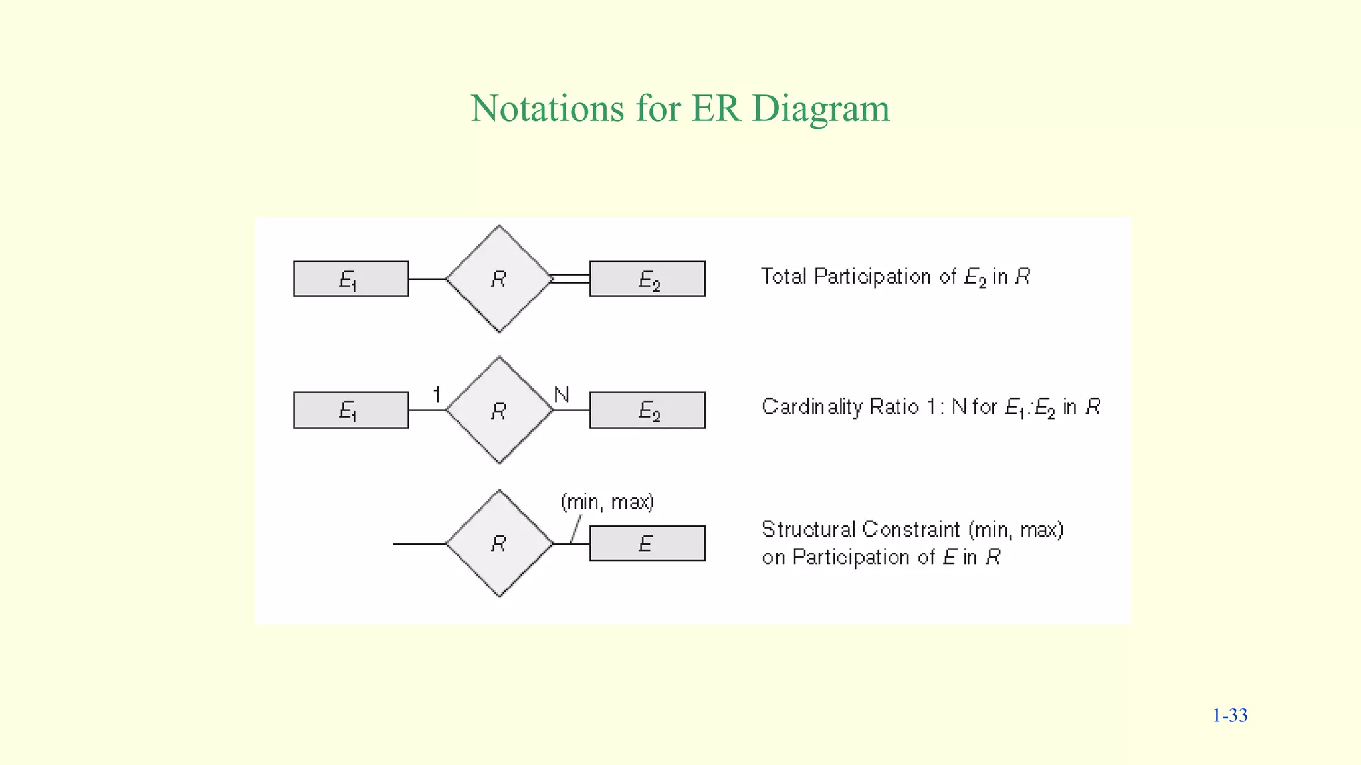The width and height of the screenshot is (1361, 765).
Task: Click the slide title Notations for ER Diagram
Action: (x=680, y=108)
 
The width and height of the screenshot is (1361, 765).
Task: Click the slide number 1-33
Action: (x=1229, y=715)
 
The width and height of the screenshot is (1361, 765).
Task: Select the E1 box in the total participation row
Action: (x=351, y=279)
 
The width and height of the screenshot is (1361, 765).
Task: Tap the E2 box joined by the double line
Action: (x=647, y=279)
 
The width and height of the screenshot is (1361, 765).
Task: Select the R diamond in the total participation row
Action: (x=499, y=279)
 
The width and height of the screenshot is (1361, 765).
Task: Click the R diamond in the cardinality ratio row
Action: (x=499, y=410)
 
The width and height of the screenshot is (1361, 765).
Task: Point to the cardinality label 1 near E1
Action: (x=437, y=395)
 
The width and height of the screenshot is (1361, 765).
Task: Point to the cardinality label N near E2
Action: (x=562, y=395)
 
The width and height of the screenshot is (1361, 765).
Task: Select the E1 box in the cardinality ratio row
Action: (x=351, y=410)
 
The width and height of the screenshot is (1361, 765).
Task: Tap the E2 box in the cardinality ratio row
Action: (x=647, y=410)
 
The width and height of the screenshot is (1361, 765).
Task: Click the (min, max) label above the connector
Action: (x=607, y=502)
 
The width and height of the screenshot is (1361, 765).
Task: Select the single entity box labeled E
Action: (x=647, y=543)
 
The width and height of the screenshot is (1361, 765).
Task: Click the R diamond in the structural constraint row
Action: (x=499, y=543)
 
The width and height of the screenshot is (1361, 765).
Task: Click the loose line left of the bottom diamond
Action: (x=419, y=543)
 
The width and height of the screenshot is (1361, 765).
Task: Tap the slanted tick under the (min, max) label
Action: (x=576, y=529)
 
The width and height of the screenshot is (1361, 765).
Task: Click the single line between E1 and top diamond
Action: (x=427, y=279)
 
